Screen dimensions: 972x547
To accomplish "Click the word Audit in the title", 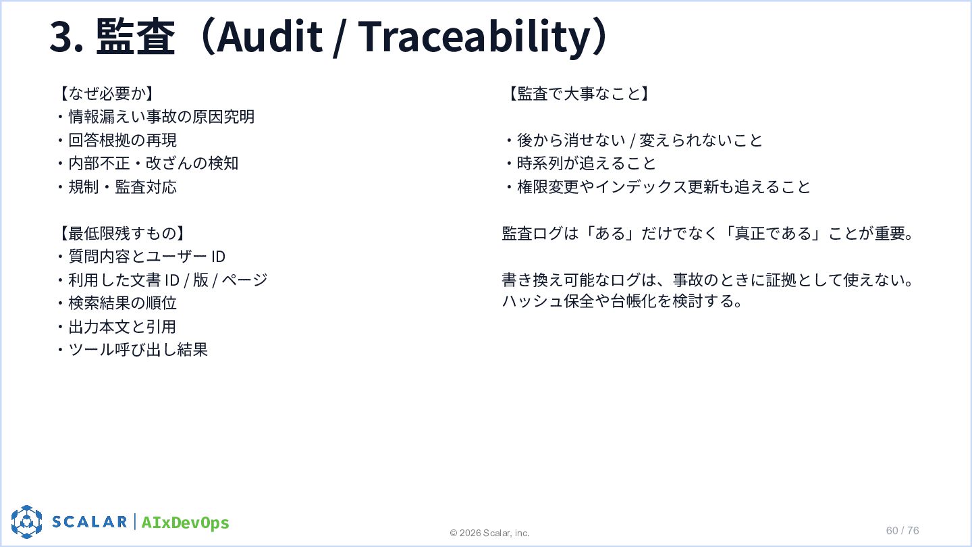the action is click(x=269, y=36).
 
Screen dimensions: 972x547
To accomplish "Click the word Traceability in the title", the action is click(x=477, y=38).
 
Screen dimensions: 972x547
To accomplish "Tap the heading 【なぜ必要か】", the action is click(x=106, y=93).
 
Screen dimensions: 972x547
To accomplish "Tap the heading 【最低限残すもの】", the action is click(x=122, y=234).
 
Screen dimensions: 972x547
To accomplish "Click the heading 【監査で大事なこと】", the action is click(x=578, y=93).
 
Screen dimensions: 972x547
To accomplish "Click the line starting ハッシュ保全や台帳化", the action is click(x=622, y=301).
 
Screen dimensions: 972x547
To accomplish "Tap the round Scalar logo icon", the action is click(x=26, y=521).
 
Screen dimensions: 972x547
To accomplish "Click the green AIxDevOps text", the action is click(x=185, y=523).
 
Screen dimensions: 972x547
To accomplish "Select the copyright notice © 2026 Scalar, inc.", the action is click(x=489, y=533).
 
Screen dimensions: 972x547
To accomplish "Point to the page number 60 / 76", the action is click(x=902, y=531).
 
